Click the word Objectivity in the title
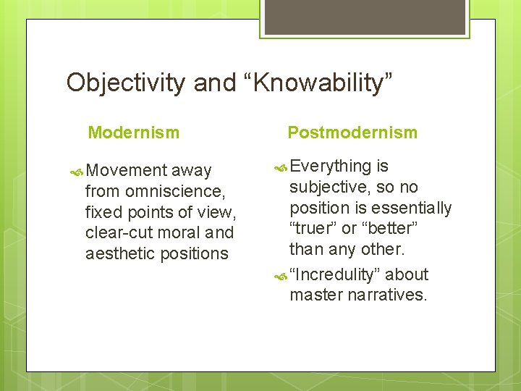(127, 83)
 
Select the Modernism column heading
(134, 133)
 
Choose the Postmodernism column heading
(352, 133)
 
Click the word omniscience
(174, 192)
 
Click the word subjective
(330, 188)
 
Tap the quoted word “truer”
(315, 229)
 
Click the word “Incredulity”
(336, 275)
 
